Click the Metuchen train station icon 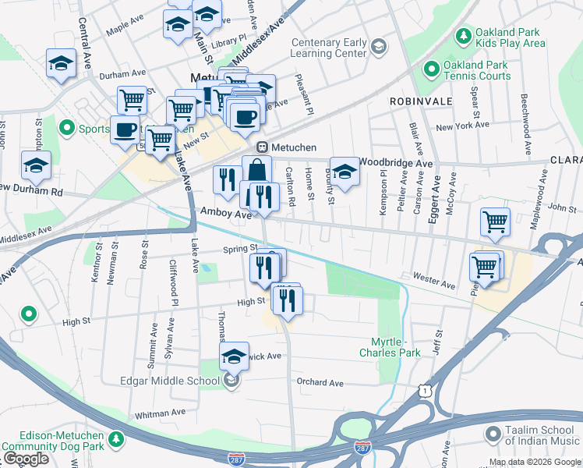click(x=263, y=147)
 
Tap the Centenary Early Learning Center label click(x=328, y=48)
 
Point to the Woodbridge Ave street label click(x=396, y=164)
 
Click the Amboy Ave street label click(x=225, y=213)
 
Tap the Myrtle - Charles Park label click(x=390, y=348)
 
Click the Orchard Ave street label click(x=320, y=382)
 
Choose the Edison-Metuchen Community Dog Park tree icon click(x=116, y=441)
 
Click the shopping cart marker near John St click(x=495, y=222)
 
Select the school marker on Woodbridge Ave click(x=344, y=172)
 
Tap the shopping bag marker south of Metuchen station click(x=256, y=169)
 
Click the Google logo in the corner click(x=26, y=459)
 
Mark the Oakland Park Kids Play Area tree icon click(x=463, y=36)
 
